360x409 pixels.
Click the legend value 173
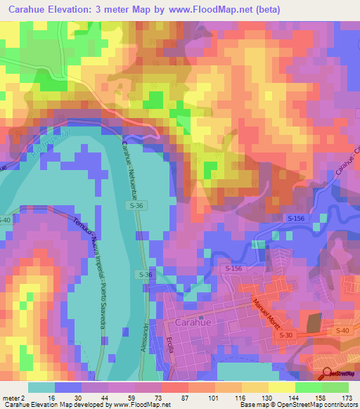[x=345, y=398]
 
